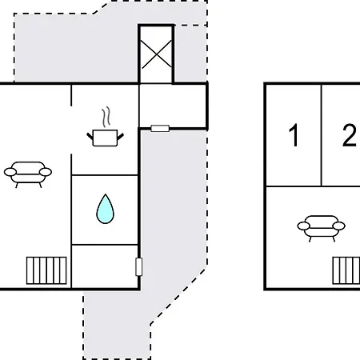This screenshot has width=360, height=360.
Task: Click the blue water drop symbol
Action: (105, 209)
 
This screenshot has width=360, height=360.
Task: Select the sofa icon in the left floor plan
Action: (28, 173)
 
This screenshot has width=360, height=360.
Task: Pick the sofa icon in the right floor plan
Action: (321, 226)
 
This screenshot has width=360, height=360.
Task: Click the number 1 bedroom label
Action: (294, 135)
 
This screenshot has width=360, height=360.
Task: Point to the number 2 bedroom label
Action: (350, 135)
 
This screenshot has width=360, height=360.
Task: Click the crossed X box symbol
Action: (156, 54)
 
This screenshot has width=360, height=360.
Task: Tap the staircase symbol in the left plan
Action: (46, 270)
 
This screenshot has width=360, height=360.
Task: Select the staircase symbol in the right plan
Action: (346, 270)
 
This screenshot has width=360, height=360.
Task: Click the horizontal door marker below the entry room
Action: (160, 129)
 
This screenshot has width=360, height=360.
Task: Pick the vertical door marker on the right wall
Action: (138, 266)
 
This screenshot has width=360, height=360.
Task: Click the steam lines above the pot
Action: (106, 118)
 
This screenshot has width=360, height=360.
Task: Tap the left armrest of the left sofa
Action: (10, 172)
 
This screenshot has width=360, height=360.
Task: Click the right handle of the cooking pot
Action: (121, 137)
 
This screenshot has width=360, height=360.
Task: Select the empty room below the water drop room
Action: (105, 266)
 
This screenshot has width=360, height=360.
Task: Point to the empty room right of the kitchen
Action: (173, 106)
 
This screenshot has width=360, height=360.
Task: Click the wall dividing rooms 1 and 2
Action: (322, 135)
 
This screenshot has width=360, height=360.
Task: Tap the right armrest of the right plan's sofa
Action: (339, 226)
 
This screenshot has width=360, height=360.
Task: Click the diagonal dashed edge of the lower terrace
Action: (178, 297)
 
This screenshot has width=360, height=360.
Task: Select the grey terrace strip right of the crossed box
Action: (190, 54)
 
